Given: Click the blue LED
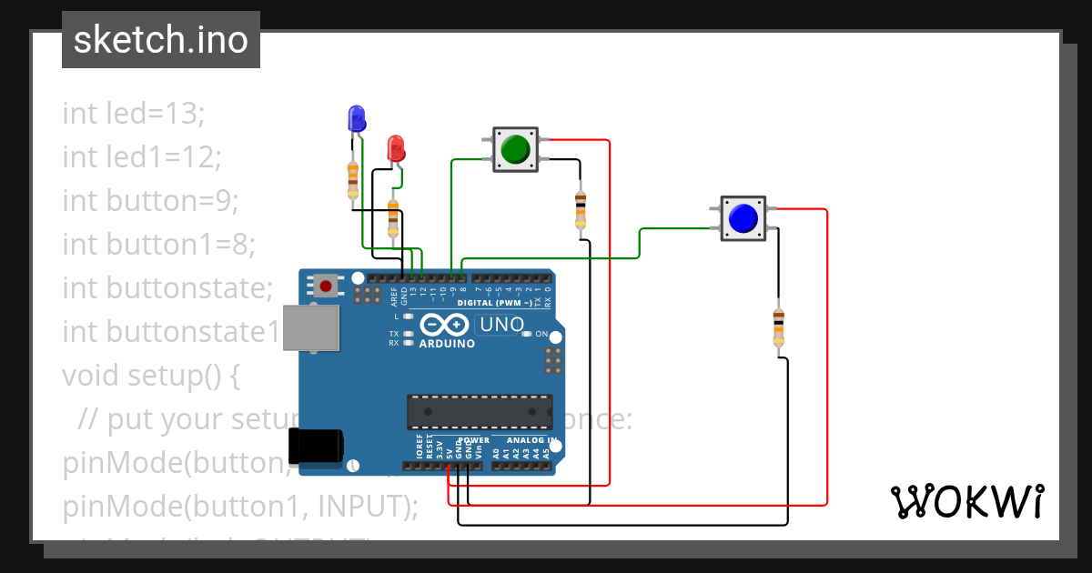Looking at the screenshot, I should point(356,118).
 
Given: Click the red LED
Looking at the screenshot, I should point(396,148).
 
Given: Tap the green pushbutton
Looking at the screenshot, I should point(515,148).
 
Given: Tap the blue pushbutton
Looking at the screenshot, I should point(743,218).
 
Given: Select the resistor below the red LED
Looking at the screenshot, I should point(393,218).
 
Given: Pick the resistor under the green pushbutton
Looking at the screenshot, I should point(581,211).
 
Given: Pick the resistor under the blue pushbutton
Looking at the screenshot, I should point(778,327).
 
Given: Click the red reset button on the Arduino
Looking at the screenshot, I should point(326,286).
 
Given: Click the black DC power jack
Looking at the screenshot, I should point(316,446).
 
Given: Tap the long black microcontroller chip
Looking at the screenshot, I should point(479,411).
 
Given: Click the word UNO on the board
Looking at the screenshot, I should point(502,325).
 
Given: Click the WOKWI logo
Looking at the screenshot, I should point(966,501).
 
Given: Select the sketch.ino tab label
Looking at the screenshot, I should point(160,40).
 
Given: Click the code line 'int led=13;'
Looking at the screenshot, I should point(134,114).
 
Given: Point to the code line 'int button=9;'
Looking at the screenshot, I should point(150,200).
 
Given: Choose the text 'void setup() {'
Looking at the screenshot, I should point(150,375).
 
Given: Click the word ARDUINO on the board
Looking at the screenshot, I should point(447,344).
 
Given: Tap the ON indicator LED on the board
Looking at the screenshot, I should point(527,334).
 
